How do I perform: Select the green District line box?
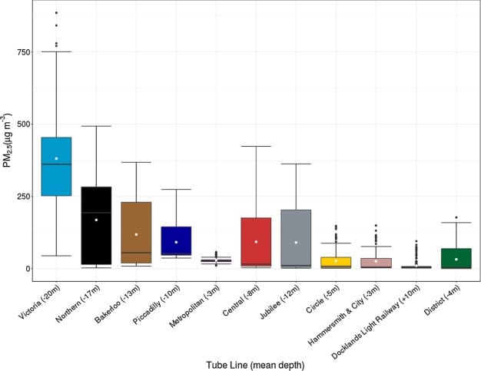point(456,258)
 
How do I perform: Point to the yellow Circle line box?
point(336,262)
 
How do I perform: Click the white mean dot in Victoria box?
point(55,158)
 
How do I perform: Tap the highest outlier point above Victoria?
point(55,13)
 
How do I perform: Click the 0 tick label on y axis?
point(28,269)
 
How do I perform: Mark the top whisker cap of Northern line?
point(95,126)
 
